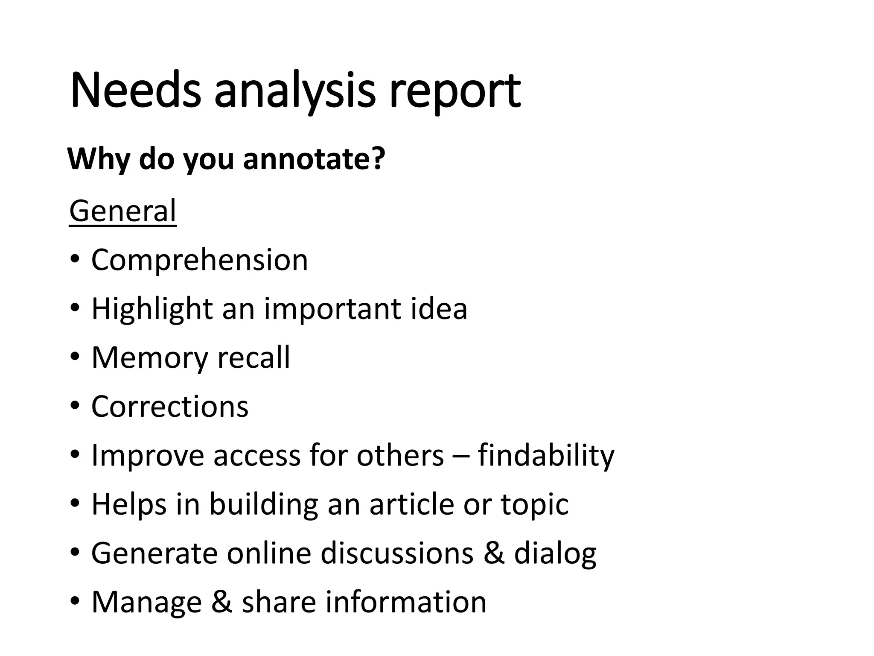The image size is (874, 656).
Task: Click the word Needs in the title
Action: (x=135, y=91)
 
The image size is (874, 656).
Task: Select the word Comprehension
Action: (x=199, y=260)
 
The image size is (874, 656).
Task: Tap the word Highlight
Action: (x=152, y=309)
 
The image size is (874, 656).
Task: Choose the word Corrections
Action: (x=170, y=406)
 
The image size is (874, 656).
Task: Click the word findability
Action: (x=546, y=455)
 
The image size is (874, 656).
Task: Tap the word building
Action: (x=264, y=504)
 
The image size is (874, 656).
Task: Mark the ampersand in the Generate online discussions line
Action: (x=494, y=553)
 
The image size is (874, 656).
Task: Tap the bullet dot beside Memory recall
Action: (x=75, y=357)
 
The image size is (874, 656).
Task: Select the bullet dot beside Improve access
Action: (x=75, y=454)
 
